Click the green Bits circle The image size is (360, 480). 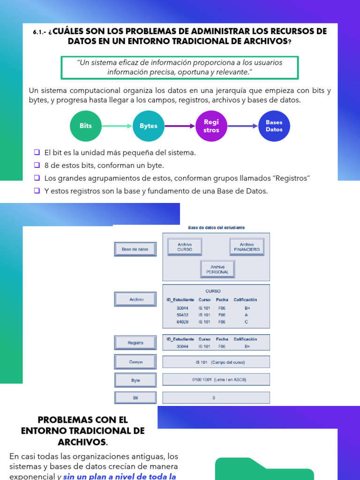point(85,126)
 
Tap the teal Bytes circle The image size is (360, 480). point(149,126)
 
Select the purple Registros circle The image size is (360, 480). point(211,126)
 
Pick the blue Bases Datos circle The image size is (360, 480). point(274,126)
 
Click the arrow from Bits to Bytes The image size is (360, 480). point(117,126)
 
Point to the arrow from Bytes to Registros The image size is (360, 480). point(180,126)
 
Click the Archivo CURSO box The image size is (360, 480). point(185,247)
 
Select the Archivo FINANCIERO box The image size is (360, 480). point(247,247)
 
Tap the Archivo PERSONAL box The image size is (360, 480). point(217,269)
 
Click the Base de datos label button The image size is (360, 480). point(135,249)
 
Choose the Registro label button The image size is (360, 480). point(135,343)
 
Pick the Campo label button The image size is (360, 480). point(135,362)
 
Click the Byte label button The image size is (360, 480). point(135,381)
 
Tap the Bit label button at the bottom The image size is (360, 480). point(135,397)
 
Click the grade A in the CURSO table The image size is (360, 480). point(247,315)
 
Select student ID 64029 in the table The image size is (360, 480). point(182,322)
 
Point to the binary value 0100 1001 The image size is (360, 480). point(201,379)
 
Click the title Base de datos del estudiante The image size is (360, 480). point(216,227)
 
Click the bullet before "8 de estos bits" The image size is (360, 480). point(37,165)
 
